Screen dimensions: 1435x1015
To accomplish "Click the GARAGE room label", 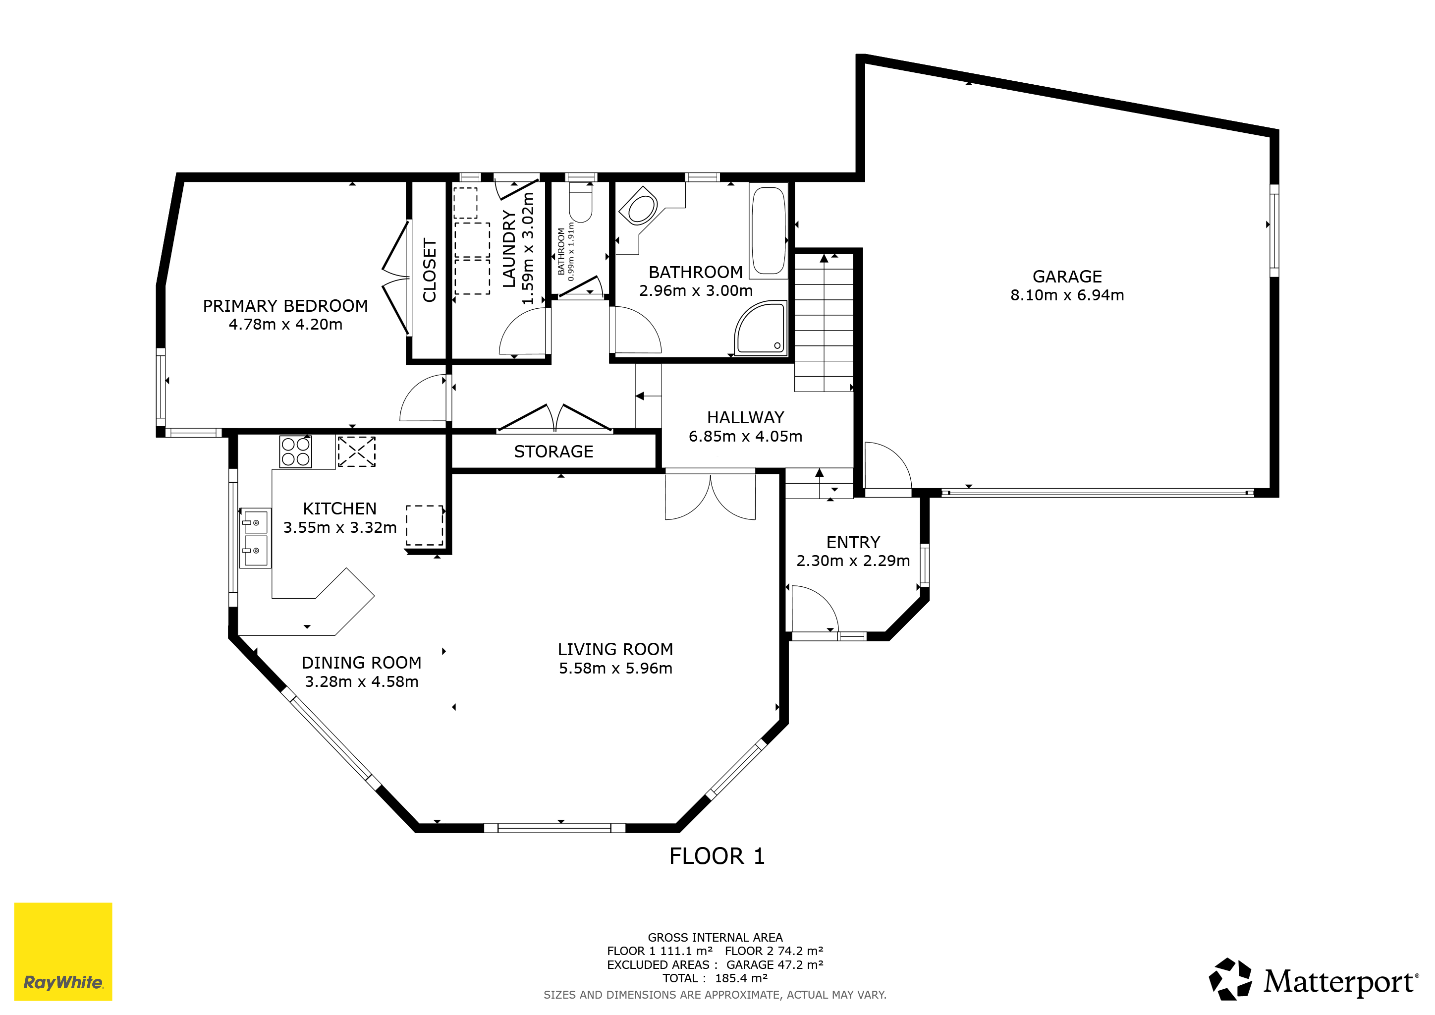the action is [x=1067, y=276].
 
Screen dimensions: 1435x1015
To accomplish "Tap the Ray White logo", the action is [x=63, y=951].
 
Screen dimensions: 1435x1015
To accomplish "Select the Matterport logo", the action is [x=1313, y=979].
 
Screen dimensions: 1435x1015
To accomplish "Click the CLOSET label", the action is [x=430, y=270].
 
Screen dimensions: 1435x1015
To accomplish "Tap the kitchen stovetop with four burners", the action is [x=296, y=452].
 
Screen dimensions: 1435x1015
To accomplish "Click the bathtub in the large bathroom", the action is [x=768, y=231].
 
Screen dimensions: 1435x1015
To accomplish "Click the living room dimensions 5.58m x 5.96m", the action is [x=615, y=668].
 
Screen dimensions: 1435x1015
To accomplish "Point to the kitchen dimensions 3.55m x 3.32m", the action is [x=340, y=527].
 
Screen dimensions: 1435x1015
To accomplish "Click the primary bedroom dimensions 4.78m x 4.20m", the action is [x=285, y=325].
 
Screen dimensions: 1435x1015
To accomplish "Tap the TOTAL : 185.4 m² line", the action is [x=715, y=978].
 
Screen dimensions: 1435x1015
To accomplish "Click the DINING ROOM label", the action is [x=361, y=663].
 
